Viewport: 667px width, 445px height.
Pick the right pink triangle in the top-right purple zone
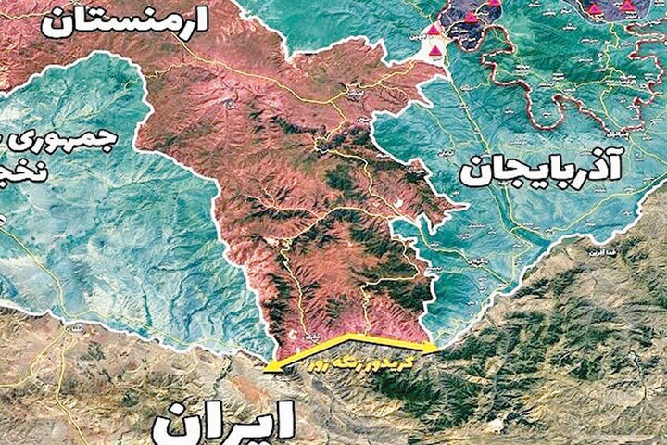pos(629,6)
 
